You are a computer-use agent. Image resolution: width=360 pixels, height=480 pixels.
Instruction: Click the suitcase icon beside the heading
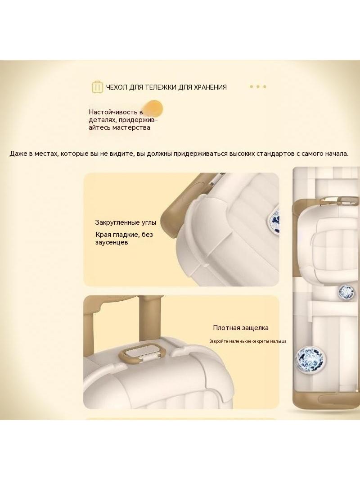(97, 87)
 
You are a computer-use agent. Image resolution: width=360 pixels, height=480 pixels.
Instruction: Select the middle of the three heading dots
(258, 86)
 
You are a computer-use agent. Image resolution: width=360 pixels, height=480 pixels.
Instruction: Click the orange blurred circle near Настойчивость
(153, 109)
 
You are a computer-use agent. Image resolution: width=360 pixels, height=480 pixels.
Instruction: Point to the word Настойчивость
(112, 112)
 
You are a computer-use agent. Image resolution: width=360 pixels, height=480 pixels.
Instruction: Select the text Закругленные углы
(126, 222)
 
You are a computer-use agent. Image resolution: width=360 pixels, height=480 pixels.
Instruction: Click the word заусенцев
(112, 242)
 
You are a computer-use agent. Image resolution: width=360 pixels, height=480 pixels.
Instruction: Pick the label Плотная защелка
(241, 328)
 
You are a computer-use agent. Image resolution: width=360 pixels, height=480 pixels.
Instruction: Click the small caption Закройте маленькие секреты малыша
(248, 341)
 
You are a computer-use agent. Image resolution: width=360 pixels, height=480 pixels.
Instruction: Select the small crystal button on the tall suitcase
(346, 291)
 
